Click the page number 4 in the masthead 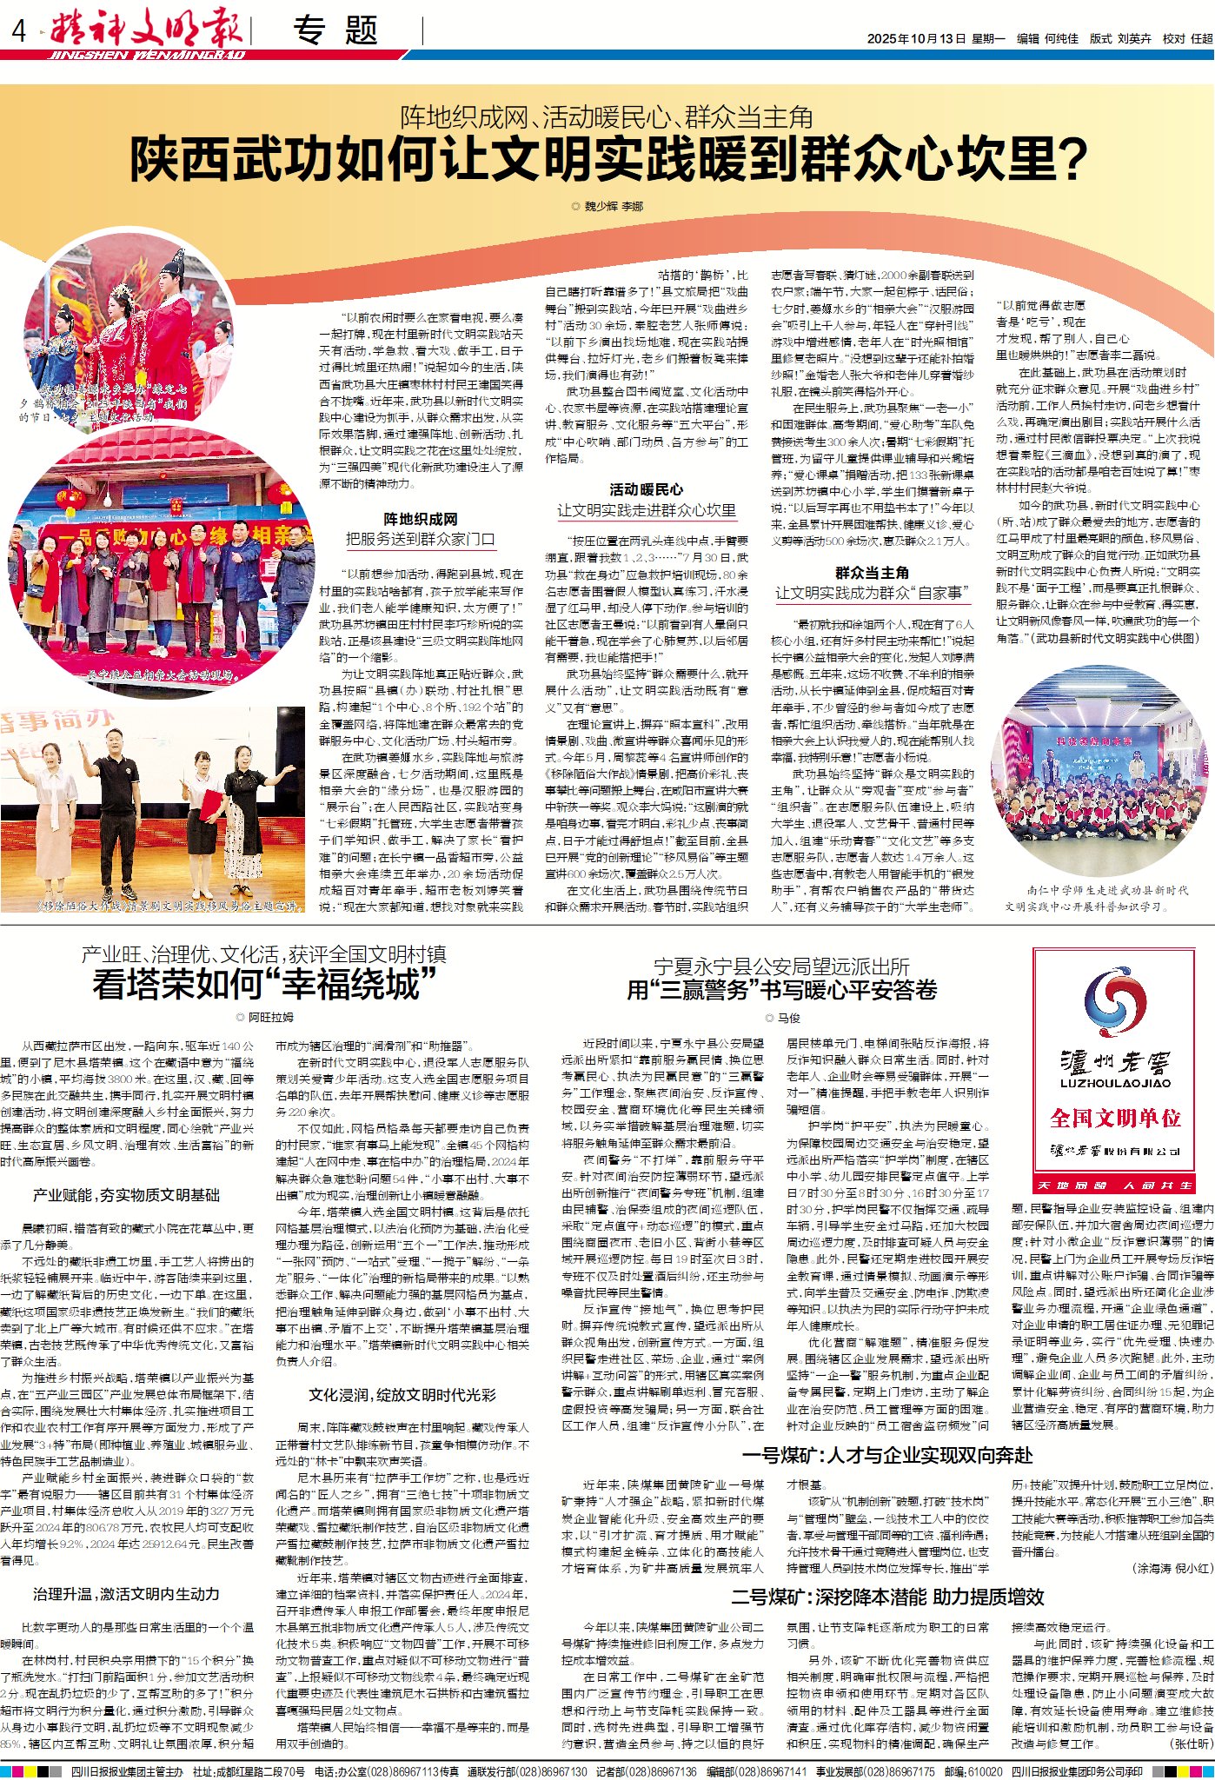tap(19, 33)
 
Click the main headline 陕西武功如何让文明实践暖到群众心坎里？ tap(608, 160)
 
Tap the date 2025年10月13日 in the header tap(916, 38)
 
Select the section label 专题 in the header tap(335, 31)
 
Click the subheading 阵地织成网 tap(421, 519)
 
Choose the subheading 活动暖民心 tap(646, 489)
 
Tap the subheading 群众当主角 tap(872, 572)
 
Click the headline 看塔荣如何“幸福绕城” tap(264, 985)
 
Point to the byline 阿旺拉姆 tap(270, 1017)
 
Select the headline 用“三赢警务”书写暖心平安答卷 tap(782, 989)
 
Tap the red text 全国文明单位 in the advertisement tap(1115, 1117)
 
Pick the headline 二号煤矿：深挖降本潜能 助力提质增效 tap(887, 1596)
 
